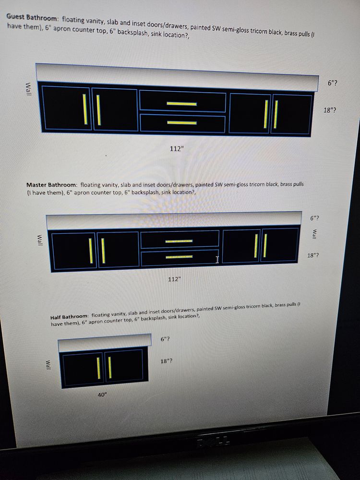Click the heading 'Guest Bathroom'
click(32, 16)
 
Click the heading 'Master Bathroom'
click(52, 185)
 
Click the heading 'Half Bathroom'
click(70, 316)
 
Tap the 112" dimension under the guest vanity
click(177, 149)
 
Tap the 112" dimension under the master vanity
click(175, 279)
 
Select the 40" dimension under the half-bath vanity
click(102, 395)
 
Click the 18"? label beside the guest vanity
click(329, 110)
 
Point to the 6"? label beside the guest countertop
click(333, 83)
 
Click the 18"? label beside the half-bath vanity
click(166, 361)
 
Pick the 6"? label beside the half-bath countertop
click(165, 339)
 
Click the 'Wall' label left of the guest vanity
click(28, 89)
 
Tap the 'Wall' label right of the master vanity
click(314, 234)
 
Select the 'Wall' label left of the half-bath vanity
click(48, 365)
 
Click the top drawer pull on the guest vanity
click(181, 104)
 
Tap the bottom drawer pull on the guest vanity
click(182, 123)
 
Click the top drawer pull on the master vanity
click(179, 241)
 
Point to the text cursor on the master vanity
click(217, 260)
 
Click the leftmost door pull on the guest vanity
click(85, 109)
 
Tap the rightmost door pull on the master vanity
click(265, 245)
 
